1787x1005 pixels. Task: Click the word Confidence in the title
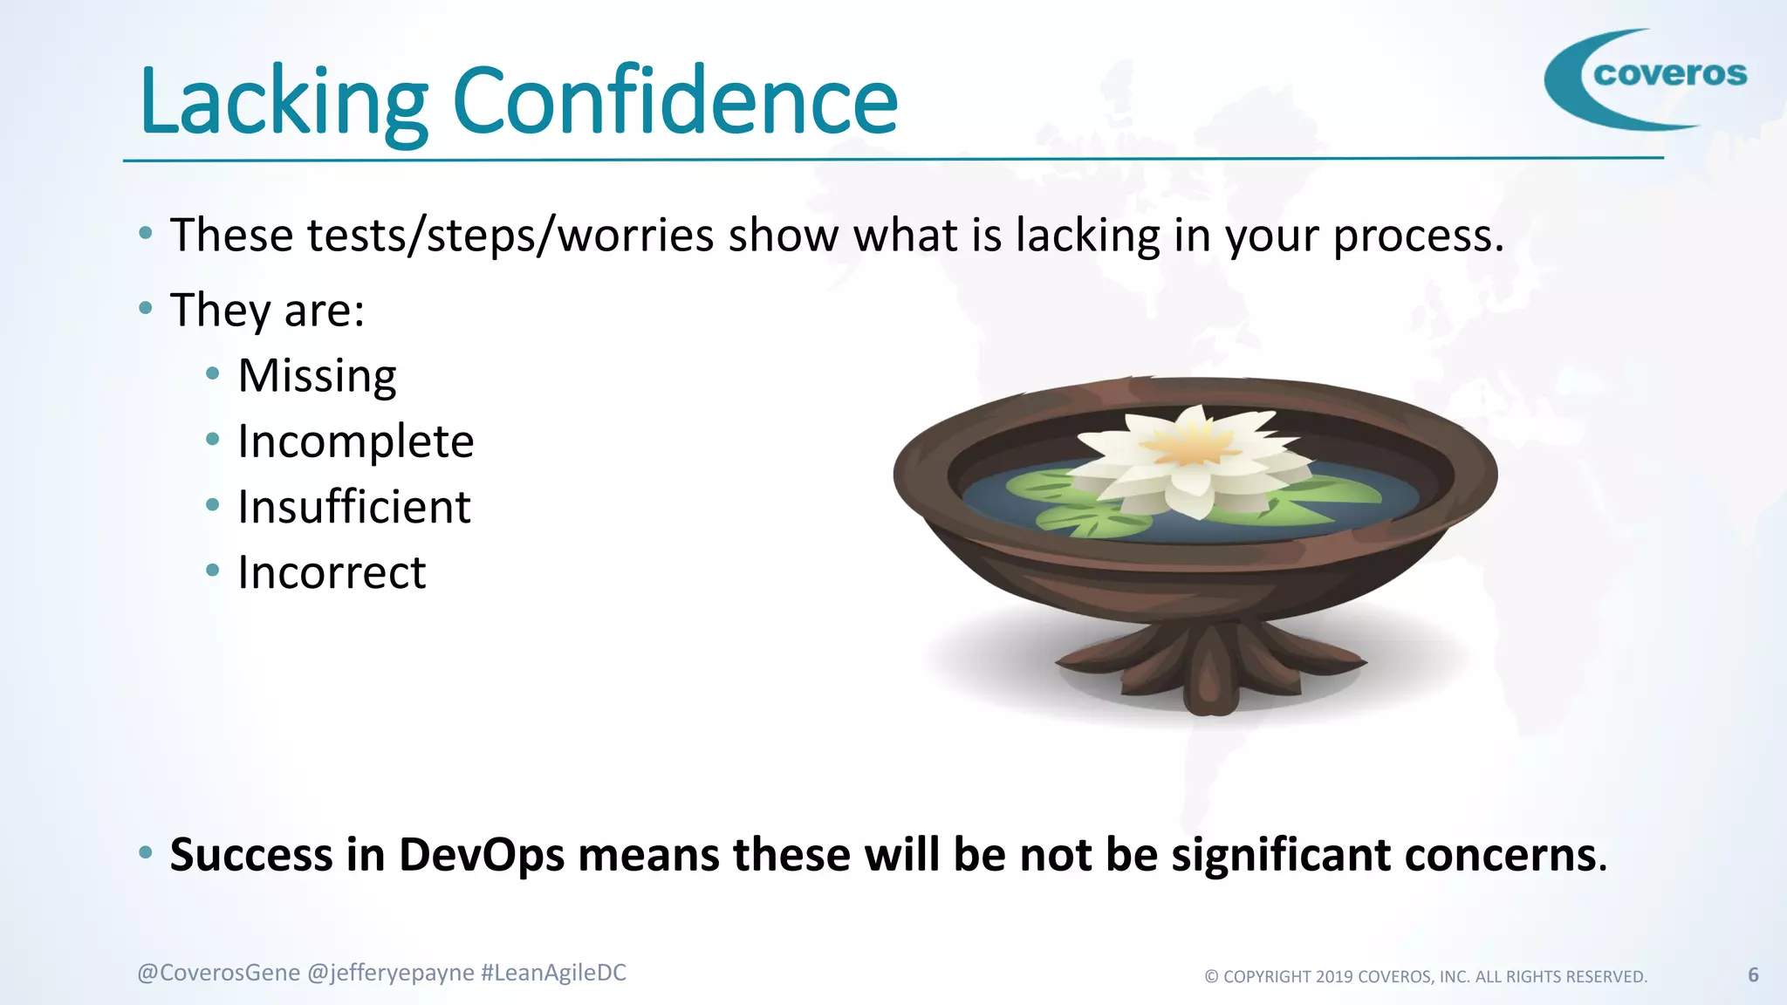[x=674, y=102]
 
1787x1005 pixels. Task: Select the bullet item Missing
[x=317, y=377]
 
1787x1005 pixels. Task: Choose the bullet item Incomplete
[x=355, y=441]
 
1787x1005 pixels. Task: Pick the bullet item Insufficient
[x=353, y=508]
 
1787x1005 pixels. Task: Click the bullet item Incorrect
[x=332, y=573]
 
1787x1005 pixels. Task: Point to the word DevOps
[x=482, y=855]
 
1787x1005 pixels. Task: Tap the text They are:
[x=267, y=311]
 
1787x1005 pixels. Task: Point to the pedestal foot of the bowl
[x=1210, y=667]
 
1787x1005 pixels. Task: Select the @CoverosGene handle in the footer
[x=218, y=973]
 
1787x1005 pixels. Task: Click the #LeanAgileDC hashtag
[x=553, y=973]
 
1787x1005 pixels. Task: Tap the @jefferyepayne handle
[x=391, y=973]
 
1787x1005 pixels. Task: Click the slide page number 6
[x=1753, y=974]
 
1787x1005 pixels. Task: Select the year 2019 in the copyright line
[x=1334, y=977]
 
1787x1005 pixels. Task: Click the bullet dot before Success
[x=146, y=851]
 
